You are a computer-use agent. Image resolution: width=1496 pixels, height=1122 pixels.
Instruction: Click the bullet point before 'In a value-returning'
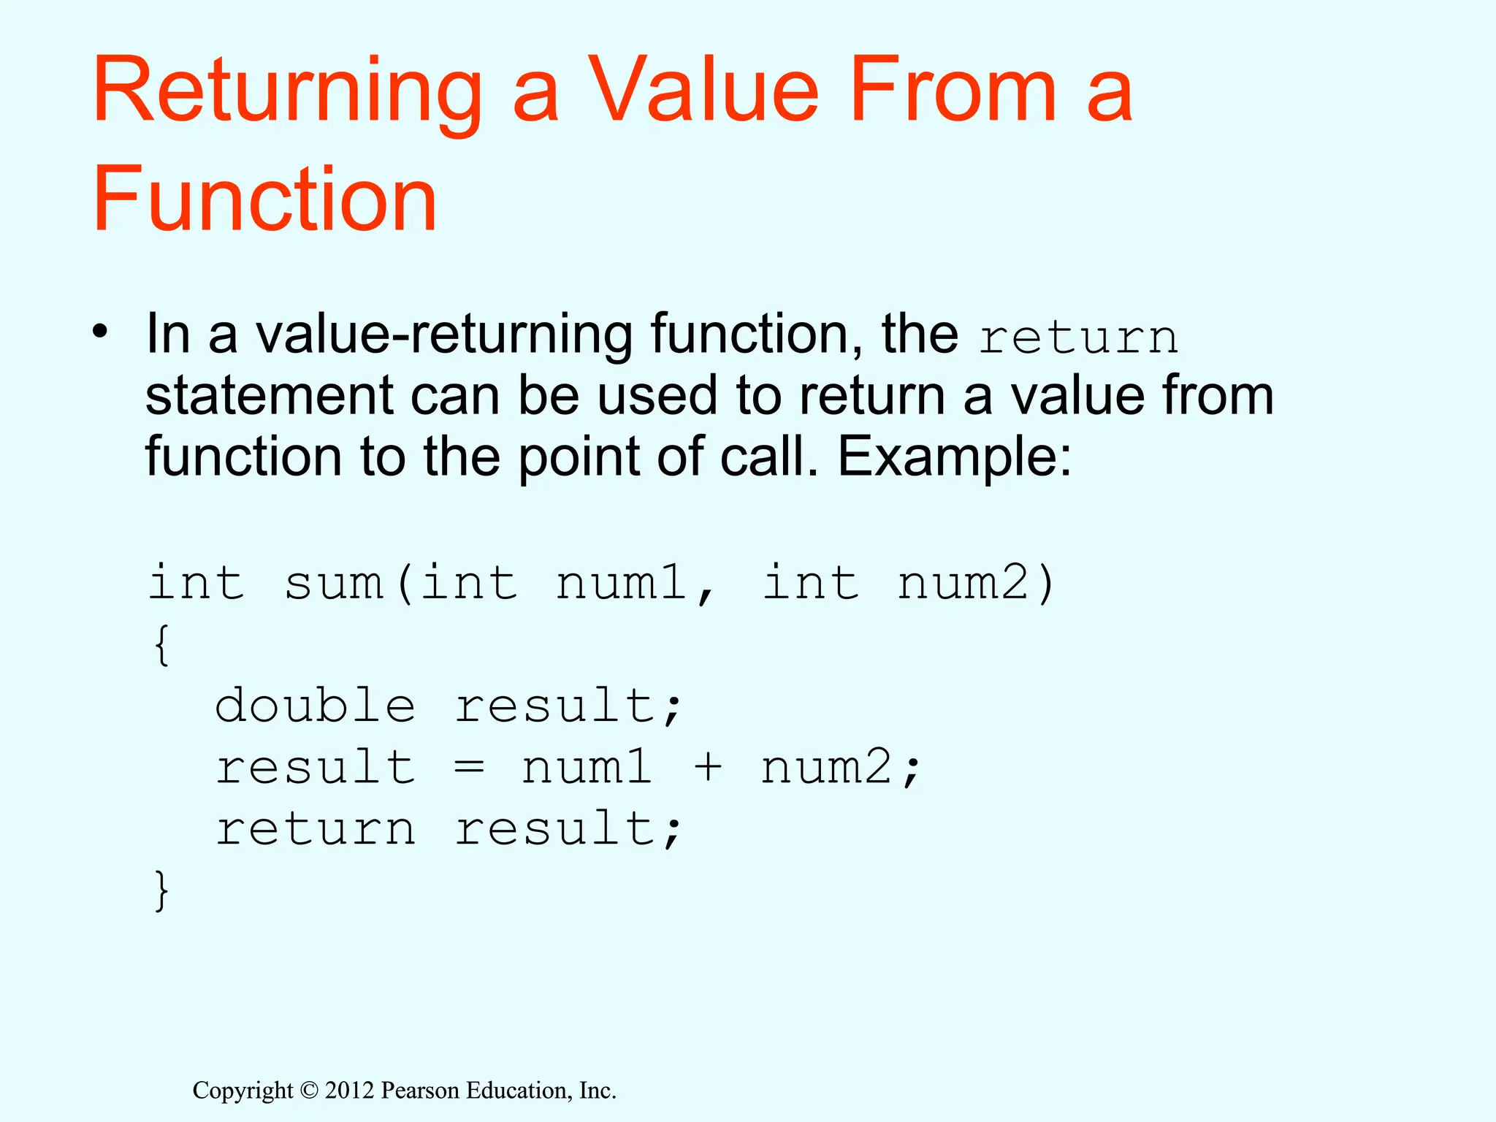pyautogui.click(x=100, y=333)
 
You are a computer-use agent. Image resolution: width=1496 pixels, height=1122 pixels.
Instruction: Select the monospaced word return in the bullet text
pyautogui.click(x=1078, y=338)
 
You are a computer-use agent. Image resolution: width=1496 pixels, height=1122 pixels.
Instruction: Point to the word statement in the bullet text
pyautogui.click(x=270, y=397)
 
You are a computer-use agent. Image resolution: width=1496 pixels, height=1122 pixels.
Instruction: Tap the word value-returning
pyautogui.click(x=443, y=335)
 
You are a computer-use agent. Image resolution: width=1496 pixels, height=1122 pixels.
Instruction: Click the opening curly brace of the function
pyautogui.click(x=161, y=645)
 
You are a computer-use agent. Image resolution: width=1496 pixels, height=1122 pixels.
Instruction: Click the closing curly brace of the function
pyautogui.click(x=161, y=890)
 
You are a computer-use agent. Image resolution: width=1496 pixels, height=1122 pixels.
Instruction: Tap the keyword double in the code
pyautogui.click(x=315, y=706)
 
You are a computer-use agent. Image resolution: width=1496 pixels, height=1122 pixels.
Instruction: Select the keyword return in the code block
pyautogui.click(x=315, y=830)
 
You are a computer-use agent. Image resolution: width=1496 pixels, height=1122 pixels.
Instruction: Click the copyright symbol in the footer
pyautogui.click(x=309, y=1091)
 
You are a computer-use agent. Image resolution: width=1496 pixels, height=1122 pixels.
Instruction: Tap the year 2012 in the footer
pyautogui.click(x=349, y=1091)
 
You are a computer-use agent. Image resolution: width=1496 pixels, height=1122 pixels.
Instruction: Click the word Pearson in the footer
pyautogui.click(x=421, y=1091)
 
